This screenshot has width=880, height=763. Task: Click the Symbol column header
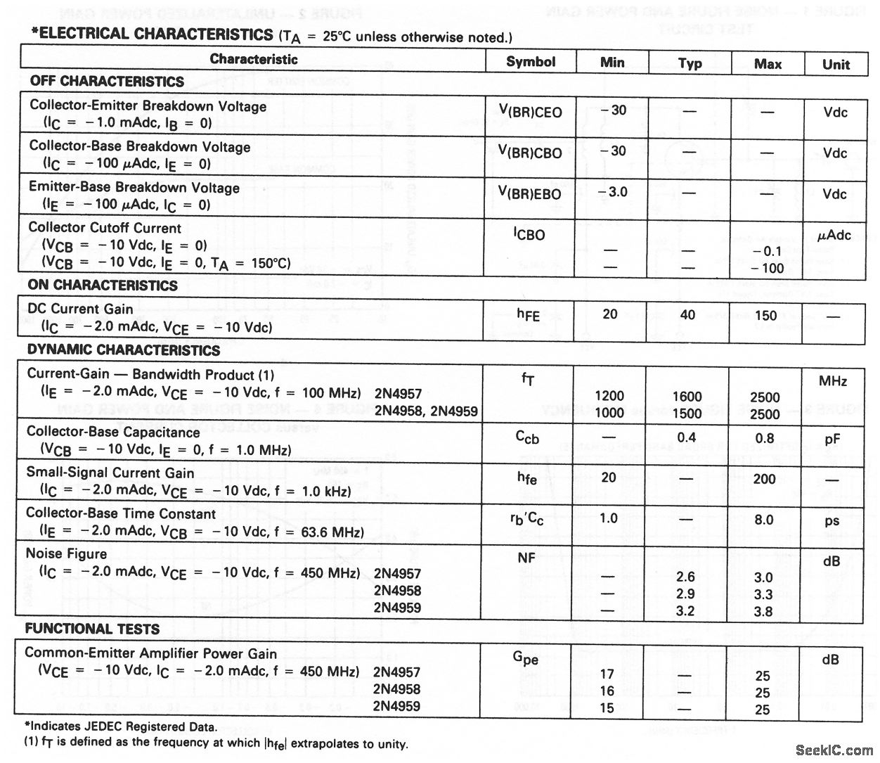pyautogui.click(x=531, y=62)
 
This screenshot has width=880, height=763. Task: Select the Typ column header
pyautogui.click(x=690, y=63)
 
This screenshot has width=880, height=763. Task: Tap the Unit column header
pyautogui.click(x=836, y=65)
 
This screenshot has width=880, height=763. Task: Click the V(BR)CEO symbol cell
pyautogui.click(x=531, y=112)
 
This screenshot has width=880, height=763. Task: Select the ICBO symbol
pyautogui.click(x=529, y=234)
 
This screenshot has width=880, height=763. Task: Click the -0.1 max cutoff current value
pyautogui.click(x=766, y=251)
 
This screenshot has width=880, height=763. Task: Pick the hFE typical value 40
pyautogui.click(x=687, y=314)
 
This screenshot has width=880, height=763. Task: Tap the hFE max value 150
pyautogui.click(x=765, y=316)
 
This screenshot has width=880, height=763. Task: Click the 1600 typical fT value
pyautogui.click(x=687, y=397)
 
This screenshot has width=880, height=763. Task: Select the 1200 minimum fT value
pyautogui.click(x=609, y=396)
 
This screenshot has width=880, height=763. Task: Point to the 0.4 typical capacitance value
pyautogui.click(x=687, y=438)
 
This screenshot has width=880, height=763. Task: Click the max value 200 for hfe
pyautogui.click(x=764, y=479)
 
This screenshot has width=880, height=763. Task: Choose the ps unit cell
pyautogui.click(x=832, y=521)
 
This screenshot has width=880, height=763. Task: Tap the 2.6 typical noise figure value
pyautogui.click(x=685, y=577)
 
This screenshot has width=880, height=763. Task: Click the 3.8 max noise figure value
pyautogui.click(x=763, y=612)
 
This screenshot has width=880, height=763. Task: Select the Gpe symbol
pyautogui.click(x=526, y=658)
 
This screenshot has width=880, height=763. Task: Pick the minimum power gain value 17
pyautogui.click(x=607, y=674)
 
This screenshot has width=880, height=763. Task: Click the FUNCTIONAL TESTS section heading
pyautogui.click(x=92, y=629)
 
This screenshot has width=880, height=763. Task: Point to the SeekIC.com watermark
pyautogui.click(x=834, y=750)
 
